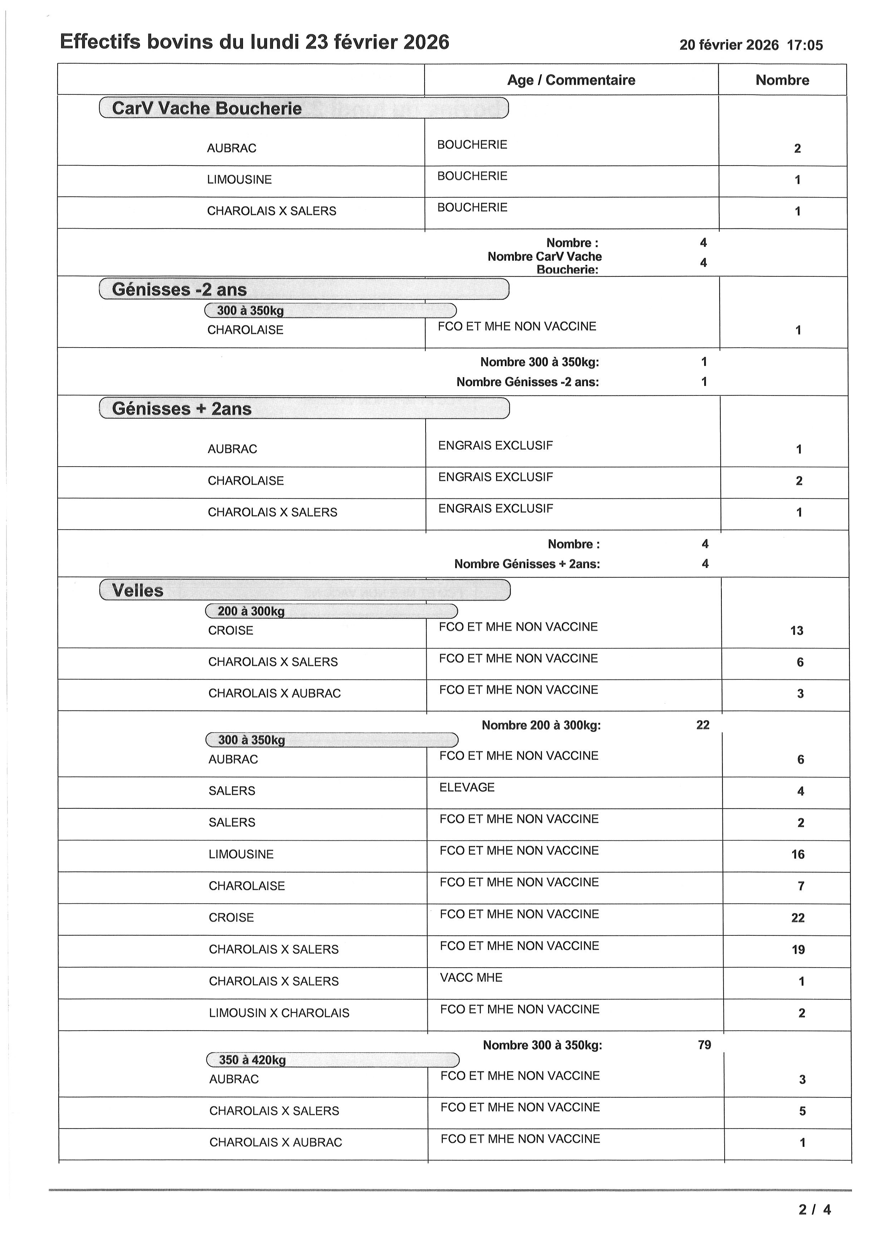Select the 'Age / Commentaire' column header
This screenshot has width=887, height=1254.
(571, 80)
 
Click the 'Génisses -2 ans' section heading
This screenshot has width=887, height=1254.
(179, 290)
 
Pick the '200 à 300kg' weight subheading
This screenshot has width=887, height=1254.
(251, 611)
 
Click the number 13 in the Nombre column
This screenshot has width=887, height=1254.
(797, 631)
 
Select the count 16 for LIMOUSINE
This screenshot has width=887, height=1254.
(798, 855)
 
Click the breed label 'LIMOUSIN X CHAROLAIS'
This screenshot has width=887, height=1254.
(279, 1013)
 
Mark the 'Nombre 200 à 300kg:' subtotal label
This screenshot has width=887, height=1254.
(541, 725)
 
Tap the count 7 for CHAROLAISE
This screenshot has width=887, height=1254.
(801, 886)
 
